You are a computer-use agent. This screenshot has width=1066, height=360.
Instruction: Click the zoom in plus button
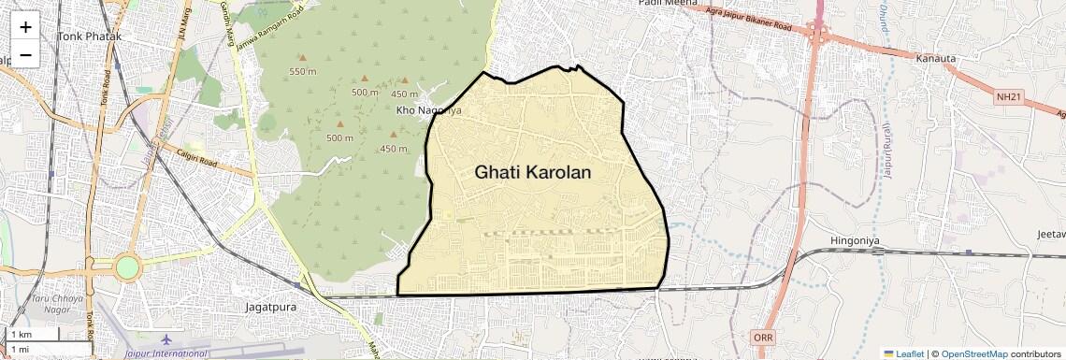(x=25, y=27)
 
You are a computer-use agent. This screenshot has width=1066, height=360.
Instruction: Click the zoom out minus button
(x=25, y=54)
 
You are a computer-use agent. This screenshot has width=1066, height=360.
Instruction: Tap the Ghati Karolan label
(x=533, y=173)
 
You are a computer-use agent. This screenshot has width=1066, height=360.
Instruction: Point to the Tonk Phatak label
(x=90, y=36)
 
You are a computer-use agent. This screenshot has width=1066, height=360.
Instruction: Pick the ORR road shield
(x=762, y=337)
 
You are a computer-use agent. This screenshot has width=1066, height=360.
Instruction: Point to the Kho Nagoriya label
(x=429, y=110)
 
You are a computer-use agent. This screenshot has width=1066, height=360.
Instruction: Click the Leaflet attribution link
(x=904, y=353)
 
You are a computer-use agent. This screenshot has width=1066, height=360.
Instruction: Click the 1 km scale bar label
(x=21, y=335)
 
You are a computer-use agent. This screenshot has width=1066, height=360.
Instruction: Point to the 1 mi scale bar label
(x=20, y=349)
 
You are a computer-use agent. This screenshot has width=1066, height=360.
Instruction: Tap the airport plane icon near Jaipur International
(x=166, y=338)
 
